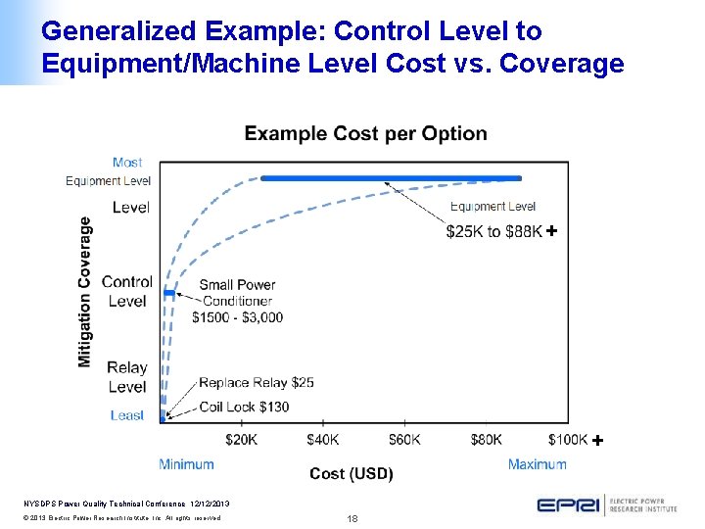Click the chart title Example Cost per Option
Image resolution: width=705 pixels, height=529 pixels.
[x=365, y=133]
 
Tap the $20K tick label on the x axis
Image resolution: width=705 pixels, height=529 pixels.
[x=242, y=440]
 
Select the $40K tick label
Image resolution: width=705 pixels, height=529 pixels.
[x=323, y=440]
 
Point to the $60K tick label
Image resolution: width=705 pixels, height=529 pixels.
[x=404, y=440]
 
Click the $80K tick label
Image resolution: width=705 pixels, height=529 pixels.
[x=486, y=440]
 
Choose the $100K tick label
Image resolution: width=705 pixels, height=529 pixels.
[x=567, y=440]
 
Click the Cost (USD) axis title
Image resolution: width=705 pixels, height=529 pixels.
[x=352, y=474]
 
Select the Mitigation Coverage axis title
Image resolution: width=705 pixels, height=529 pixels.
[x=85, y=292]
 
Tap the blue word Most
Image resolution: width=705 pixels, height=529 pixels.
[x=127, y=163]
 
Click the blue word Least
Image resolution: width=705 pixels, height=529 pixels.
[x=127, y=415]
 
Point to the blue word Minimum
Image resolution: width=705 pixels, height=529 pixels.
[x=186, y=463]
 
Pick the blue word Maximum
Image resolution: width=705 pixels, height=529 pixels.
[x=537, y=463]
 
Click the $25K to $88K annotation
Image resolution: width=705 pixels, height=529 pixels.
[x=493, y=231]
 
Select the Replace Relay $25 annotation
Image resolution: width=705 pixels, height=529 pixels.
[x=256, y=383]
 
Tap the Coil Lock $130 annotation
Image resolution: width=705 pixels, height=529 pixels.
[x=244, y=406]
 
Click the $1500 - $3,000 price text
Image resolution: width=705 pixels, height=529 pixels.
[x=238, y=316]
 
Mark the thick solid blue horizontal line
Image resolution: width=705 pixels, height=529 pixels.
[x=392, y=178]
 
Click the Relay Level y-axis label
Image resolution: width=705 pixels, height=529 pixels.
[x=127, y=377]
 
